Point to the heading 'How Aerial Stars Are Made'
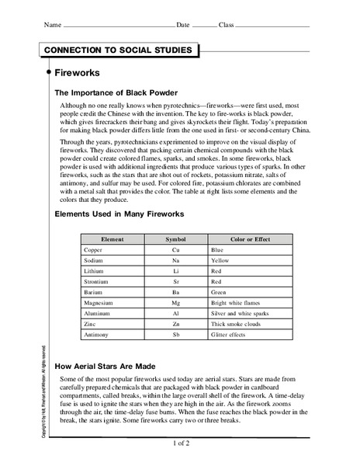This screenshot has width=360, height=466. coord(116,365)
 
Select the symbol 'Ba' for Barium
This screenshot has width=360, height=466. coord(176,300)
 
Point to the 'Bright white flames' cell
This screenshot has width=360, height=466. coord(239,311)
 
